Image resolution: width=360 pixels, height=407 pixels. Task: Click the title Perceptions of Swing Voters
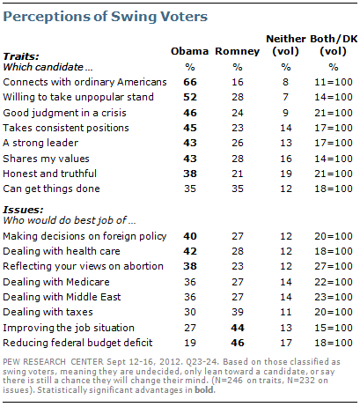[x=105, y=17]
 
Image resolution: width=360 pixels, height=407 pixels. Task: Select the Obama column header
[x=189, y=51]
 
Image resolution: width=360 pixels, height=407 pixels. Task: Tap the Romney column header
[x=237, y=51]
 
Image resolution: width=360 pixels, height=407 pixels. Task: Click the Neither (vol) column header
[x=286, y=45]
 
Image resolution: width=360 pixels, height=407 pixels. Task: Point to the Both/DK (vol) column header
[x=334, y=45]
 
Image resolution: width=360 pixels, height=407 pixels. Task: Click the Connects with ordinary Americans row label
[x=84, y=82]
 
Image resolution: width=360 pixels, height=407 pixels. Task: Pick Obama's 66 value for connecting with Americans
[x=190, y=82]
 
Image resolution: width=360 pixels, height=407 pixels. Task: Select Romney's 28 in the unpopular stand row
[x=238, y=97]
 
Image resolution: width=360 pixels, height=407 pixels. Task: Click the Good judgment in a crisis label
[x=64, y=113]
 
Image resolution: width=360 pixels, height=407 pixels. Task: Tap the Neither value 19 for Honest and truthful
[x=286, y=174]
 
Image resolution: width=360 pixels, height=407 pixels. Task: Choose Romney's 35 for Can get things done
[x=238, y=189]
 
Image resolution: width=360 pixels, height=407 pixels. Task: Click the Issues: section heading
[x=23, y=210]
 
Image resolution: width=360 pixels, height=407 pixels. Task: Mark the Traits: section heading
[x=21, y=56]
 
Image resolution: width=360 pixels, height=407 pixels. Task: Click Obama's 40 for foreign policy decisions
[x=190, y=236]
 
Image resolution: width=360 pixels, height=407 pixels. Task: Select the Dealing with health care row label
[x=62, y=251]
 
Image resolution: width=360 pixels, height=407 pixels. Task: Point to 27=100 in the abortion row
[x=334, y=266]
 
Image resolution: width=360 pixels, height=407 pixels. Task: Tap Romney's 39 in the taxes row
[x=238, y=312]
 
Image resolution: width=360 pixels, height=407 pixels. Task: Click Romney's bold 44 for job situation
[x=238, y=328]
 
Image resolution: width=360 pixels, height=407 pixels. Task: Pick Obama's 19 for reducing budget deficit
[x=190, y=343]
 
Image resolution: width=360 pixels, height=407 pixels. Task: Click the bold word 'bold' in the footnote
[x=204, y=390]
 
